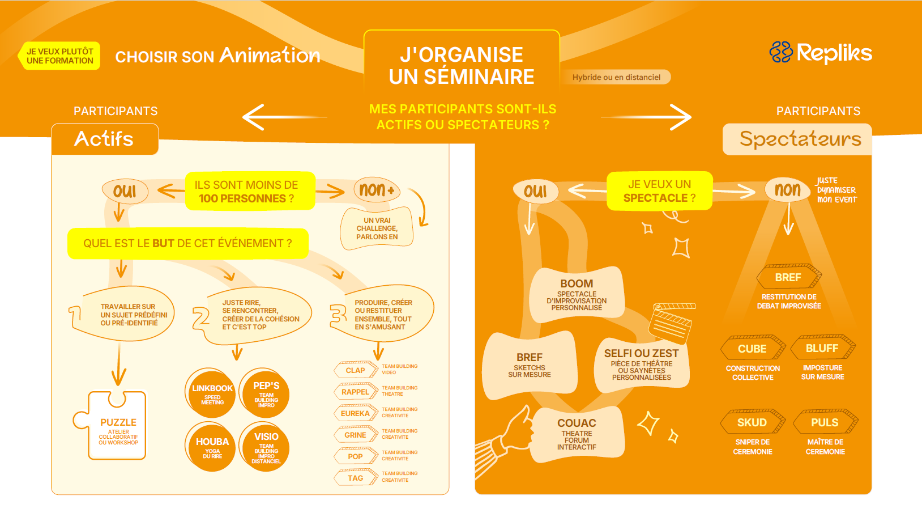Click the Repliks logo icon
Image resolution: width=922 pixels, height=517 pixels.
coord(781,52)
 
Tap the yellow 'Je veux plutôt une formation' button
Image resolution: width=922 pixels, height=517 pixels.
coord(59,56)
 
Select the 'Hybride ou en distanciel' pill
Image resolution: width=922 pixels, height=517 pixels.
coord(616,77)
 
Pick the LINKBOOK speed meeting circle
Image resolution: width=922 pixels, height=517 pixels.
coord(212,394)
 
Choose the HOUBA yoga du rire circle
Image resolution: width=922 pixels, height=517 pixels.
coord(212,447)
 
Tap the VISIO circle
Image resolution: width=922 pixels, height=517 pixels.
coord(266,447)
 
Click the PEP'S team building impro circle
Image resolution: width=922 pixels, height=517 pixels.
coord(266,394)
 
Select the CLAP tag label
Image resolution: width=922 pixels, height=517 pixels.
coord(356,370)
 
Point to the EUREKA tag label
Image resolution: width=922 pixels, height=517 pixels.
coord(356,413)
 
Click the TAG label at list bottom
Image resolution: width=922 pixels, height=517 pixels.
coord(356,478)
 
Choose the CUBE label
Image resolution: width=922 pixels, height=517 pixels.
coord(753,349)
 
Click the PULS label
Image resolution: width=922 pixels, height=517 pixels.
coord(825,422)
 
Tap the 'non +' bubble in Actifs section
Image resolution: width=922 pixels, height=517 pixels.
coord(377,189)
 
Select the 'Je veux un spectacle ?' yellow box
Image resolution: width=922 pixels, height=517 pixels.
coord(659,190)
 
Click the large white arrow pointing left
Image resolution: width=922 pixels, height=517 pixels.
coord(284,117)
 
